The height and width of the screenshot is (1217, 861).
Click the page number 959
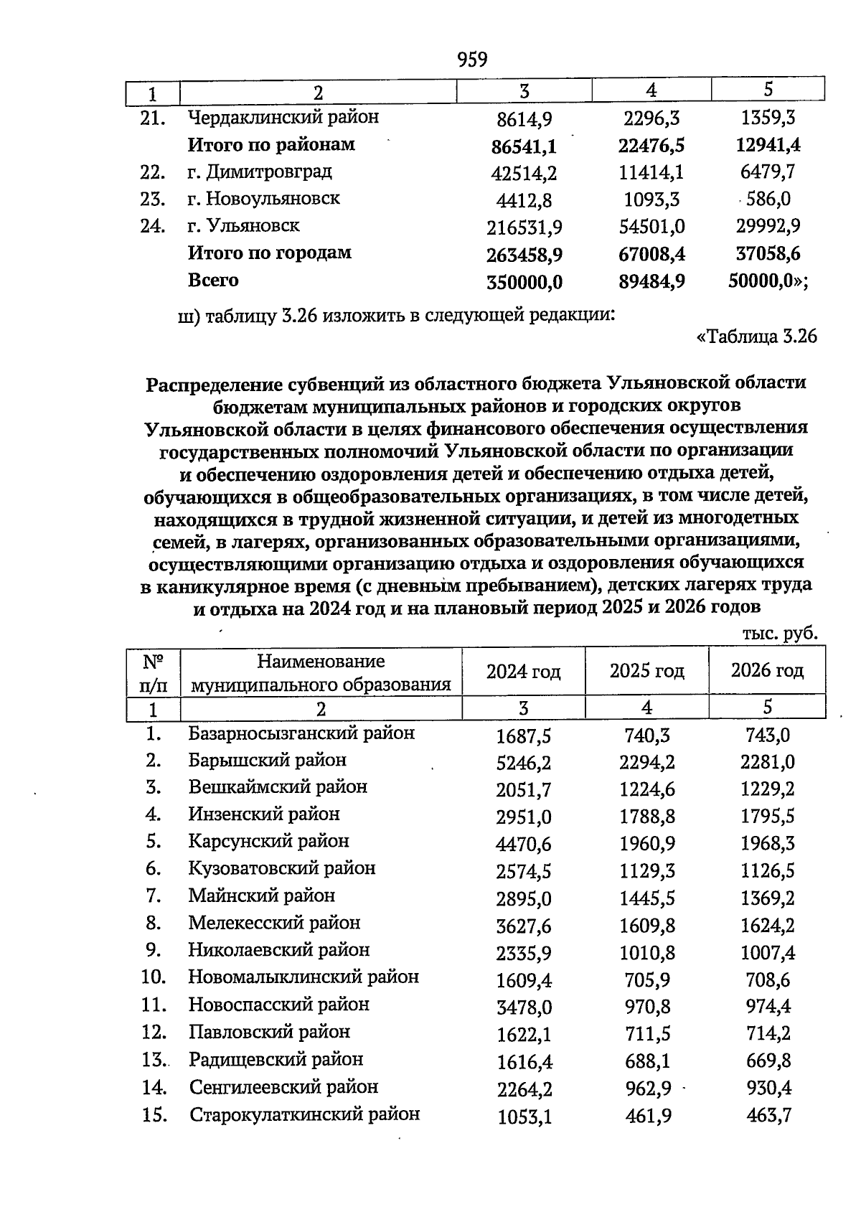472,59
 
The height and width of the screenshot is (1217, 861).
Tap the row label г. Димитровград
260,172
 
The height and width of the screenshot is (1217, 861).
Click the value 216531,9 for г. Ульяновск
524,228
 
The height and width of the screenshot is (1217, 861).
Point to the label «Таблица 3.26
757,336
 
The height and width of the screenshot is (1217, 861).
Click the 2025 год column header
646,671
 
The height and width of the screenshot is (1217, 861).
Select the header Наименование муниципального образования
321,672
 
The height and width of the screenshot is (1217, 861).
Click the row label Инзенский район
264,814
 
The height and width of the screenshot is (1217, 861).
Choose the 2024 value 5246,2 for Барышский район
524,763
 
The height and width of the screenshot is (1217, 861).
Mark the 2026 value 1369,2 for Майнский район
767,898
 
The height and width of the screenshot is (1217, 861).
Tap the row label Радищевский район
276,1060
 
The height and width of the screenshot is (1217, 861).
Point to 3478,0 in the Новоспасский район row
524,1007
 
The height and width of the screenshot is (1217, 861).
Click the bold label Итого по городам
269,253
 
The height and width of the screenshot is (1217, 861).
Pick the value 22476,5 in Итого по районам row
651,146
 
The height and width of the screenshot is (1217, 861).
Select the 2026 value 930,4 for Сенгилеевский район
768,1089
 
